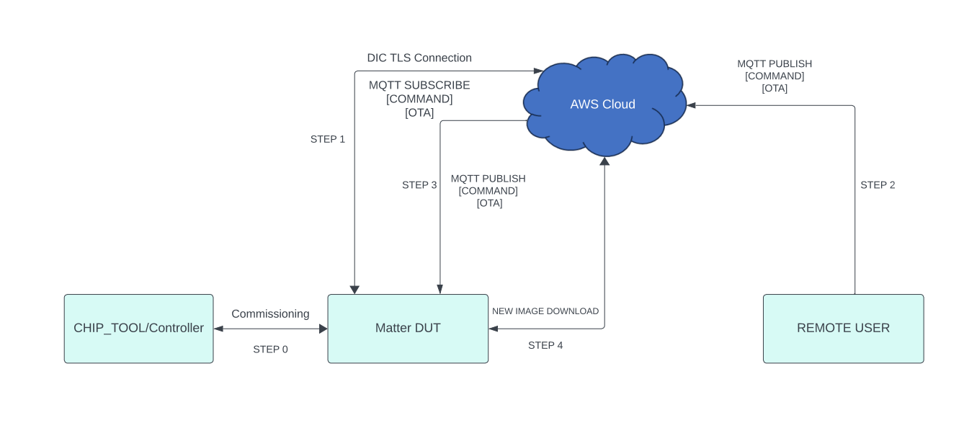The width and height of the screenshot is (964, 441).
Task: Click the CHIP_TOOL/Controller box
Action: tap(138, 329)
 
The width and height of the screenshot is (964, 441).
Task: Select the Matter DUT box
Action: tap(408, 329)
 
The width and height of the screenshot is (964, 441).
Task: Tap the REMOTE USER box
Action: tap(843, 329)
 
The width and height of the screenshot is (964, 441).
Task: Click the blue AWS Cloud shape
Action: tap(603, 104)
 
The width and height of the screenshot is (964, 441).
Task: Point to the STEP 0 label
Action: tap(270, 349)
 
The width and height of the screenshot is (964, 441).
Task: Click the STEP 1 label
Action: tap(328, 139)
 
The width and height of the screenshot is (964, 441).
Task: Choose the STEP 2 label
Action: tap(878, 185)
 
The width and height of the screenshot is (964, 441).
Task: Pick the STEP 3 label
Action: tap(419, 185)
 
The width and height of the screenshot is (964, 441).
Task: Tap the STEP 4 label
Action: tap(545, 346)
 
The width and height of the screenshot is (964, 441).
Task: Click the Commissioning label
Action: tap(270, 314)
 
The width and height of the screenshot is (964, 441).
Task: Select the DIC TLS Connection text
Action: tap(419, 58)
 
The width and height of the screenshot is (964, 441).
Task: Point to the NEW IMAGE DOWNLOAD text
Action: tap(545, 311)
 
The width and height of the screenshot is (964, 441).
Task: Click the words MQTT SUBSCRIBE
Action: tap(419, 85)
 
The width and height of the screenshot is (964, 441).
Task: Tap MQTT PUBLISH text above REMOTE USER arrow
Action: tap(775, 64)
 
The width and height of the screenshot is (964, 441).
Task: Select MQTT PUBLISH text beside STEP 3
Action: tap(488, 179)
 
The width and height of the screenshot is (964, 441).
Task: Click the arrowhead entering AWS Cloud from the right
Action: tap(691, 105)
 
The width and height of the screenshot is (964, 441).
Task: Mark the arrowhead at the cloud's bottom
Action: tap(604, 161)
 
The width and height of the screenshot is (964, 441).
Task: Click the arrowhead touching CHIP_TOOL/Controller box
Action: tap(218, 329)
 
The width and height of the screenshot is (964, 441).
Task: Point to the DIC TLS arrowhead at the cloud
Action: tap(537, 71)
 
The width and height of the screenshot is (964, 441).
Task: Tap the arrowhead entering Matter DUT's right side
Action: tap(493, 329)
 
